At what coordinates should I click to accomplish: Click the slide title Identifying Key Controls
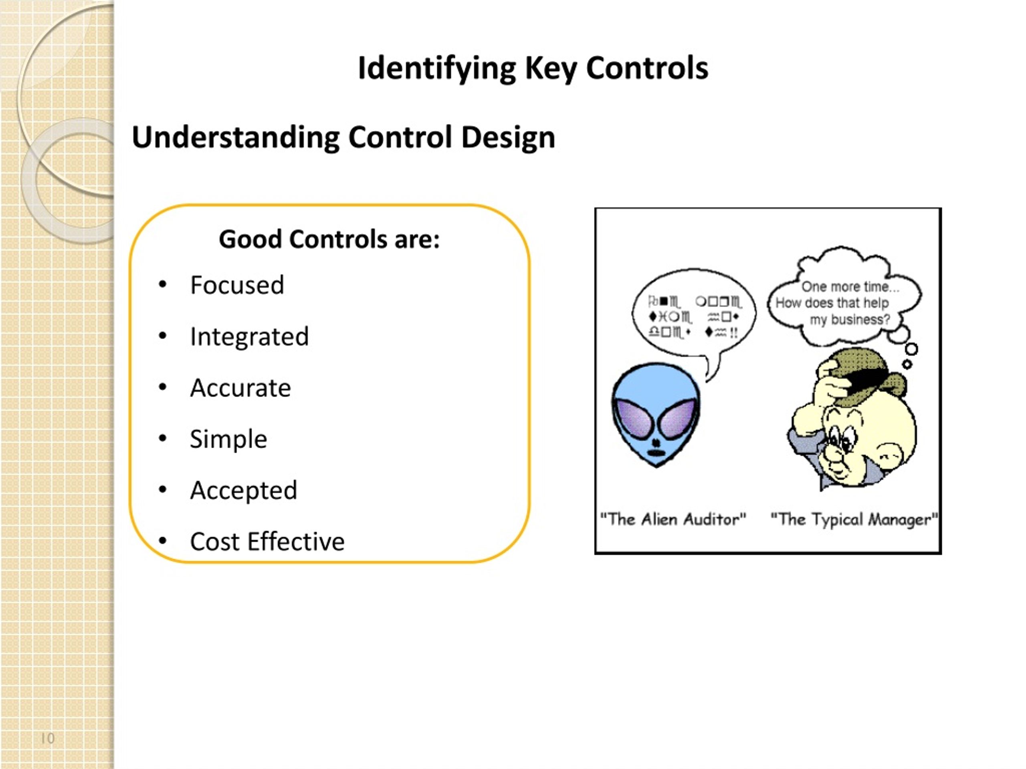pyautogui.click(x=533, y=68)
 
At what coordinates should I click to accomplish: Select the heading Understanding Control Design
pyautogui.click(x=343, y=138)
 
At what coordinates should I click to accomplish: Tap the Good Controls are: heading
pyautogui.click(x=329, y=240)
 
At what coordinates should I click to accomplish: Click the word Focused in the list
pyautogui.click(x=237, y=285)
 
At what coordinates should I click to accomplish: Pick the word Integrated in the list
pyautogui.click(x=249, y=336)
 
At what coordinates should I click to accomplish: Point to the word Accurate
pyautogui.click(x=240, y=388)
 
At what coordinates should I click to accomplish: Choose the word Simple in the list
pyautogui.click(x=228, y=439)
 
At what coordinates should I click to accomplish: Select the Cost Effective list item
pyautogui.click(x=267, y=542)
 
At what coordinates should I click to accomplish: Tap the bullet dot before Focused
pyautogui.click(x=162, y=284)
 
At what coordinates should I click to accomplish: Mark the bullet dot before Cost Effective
pyautogui.click(x=162, y=540)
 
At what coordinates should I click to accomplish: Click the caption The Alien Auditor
pyautogui.click(x=673, y=519)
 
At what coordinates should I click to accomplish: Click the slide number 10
pyautogui.click(x=48, y=739)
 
